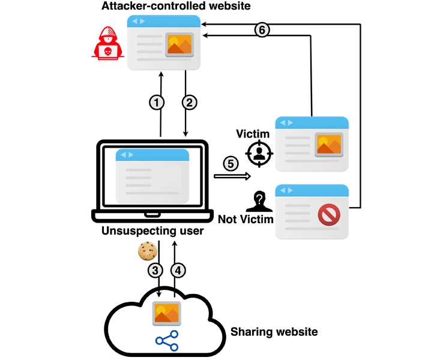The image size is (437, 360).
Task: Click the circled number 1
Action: (157, 103)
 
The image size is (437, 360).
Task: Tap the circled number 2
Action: (190, 103)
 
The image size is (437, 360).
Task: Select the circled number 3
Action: (155, 271)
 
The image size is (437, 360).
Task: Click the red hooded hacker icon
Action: (107, 44)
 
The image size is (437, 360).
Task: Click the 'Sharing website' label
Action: (274, 331)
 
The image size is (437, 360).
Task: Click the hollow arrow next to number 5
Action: (232, 176)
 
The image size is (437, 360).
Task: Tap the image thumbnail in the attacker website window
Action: (179, 44)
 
